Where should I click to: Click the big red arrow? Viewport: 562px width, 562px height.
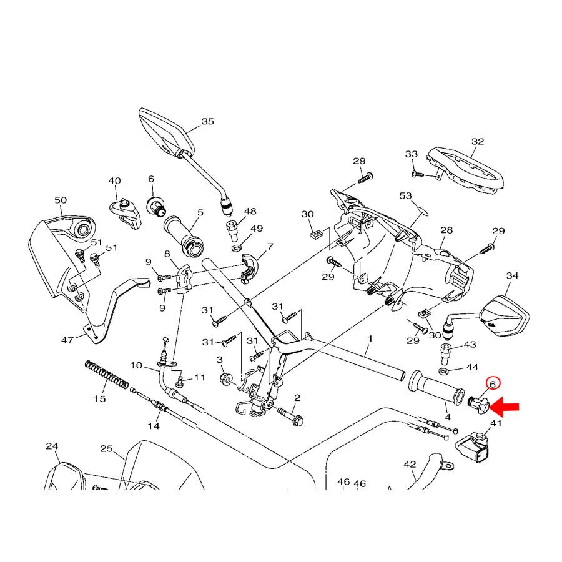[506, 407]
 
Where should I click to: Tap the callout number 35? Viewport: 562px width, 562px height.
[207, 121]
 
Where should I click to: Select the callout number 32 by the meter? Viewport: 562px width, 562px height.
[478, 142]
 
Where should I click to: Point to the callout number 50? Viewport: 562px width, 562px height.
[61, 200]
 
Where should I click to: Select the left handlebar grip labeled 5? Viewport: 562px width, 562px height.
[184, 237]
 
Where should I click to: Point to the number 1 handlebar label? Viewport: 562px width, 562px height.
[370, 338]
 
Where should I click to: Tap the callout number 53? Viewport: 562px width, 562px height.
[406, 196]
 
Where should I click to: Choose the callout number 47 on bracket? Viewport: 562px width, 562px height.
[67, 340]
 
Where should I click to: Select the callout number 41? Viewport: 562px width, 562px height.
[496, 423]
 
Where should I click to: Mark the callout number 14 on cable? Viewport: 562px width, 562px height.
[154, 426]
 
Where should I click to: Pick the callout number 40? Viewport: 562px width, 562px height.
[114, 180]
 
